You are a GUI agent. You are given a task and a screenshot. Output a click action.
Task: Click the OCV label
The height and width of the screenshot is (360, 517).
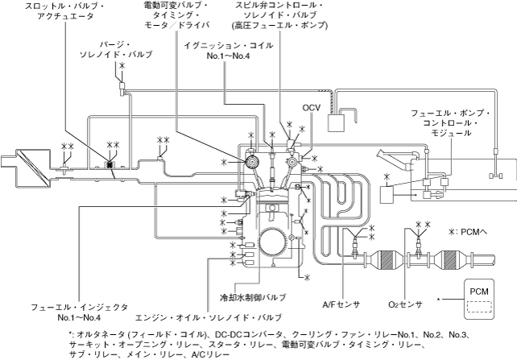[x=312, y=107]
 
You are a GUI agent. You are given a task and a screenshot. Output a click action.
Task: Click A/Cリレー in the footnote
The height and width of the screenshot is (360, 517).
[x=211, y=354]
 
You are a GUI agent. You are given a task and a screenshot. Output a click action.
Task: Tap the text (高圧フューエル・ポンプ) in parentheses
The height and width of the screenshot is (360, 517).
[x=266, y=26]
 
